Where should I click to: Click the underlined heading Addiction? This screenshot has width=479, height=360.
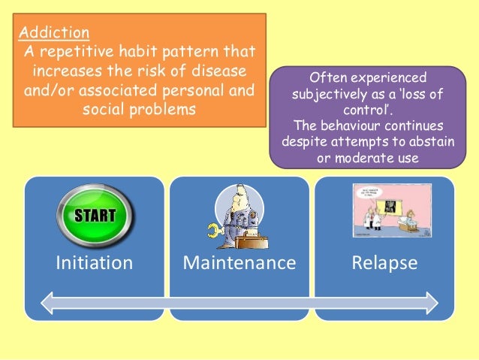(54, 33)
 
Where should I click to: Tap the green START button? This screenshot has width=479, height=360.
(94, 215)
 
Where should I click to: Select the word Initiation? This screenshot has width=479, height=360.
(95, 263)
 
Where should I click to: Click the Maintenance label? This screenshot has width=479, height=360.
(239, 263)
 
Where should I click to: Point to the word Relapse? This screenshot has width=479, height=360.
(384, 263)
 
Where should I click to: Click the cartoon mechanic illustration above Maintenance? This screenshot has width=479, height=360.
(239, 215)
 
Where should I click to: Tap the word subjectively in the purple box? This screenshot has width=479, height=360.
(327, 95)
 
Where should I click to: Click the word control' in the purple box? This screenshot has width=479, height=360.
(362, 110)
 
